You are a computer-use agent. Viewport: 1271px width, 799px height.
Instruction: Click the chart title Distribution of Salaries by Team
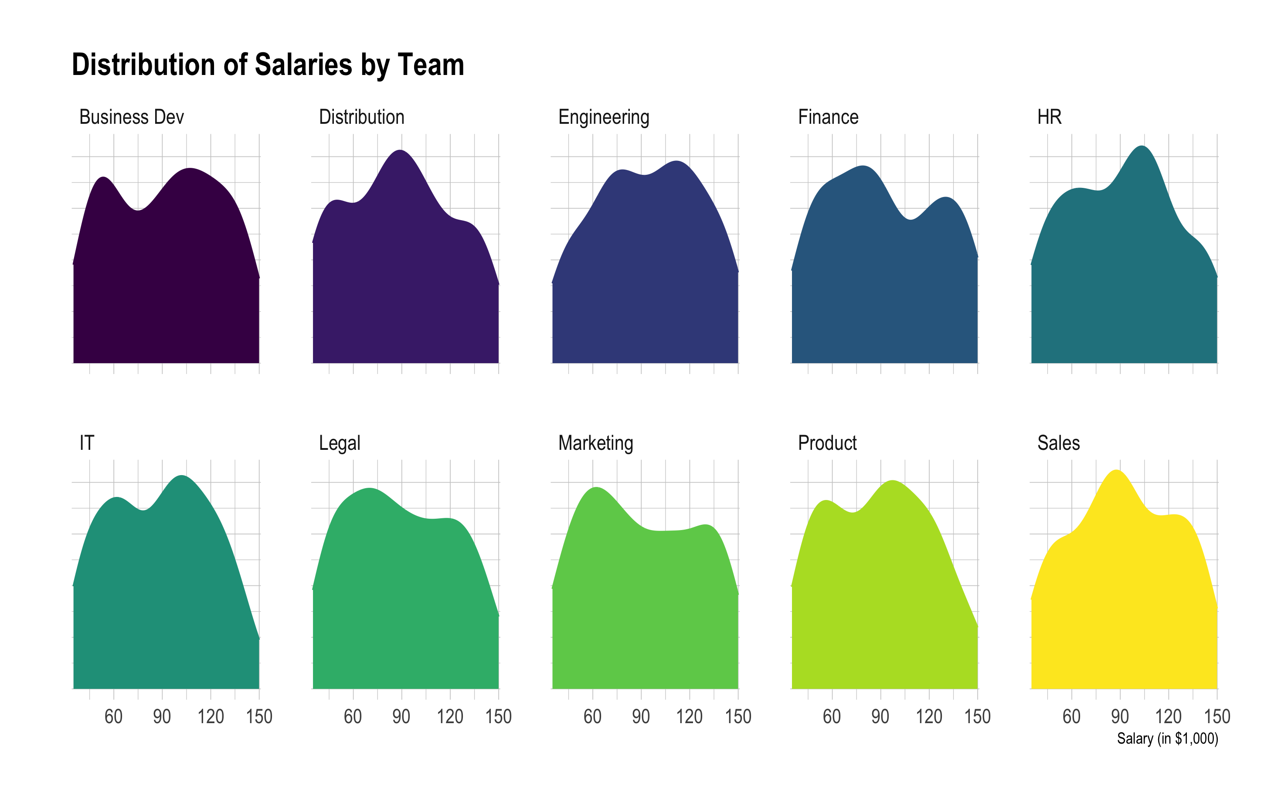(268, 65)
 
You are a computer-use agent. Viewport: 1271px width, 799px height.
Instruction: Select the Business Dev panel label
(132, 117)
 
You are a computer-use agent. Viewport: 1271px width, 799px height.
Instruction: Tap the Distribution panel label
(362, 117)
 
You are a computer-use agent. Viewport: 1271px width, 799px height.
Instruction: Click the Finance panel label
(828, 117)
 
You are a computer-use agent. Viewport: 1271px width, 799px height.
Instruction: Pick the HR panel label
(1049, 117)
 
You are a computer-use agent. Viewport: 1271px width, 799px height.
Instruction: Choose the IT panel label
(87, 443)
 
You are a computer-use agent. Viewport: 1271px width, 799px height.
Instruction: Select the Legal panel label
(340, 443)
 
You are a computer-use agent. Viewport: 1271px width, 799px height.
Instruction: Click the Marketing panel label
(595, 443)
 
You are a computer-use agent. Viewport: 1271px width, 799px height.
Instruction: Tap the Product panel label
(827, 443)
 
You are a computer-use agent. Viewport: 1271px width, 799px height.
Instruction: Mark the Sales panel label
(1058, 443)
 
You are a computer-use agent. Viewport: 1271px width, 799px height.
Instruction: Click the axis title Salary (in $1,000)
(1167, 738)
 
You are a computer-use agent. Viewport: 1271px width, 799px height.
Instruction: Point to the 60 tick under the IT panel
(113, 717)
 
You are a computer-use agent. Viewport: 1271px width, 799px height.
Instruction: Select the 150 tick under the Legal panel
(498, 717)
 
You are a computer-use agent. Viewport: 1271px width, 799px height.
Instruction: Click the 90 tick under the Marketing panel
(641, 717)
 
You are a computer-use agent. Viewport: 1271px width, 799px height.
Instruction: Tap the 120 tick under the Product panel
(928, 717)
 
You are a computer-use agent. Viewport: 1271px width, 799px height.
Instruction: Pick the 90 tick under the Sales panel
(1119, 717)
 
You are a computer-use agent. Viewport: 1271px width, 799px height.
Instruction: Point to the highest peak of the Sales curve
(1117, 470)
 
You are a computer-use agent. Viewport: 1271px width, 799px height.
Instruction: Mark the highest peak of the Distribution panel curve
(401, 151)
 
